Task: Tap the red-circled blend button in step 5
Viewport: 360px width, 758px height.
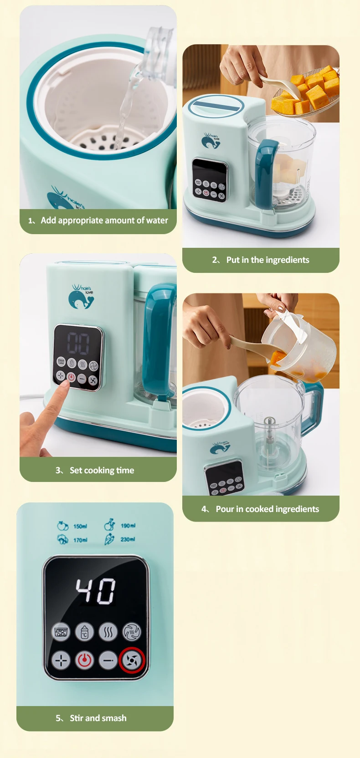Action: [132, 660]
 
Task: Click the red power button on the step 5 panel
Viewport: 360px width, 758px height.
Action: [84, 660]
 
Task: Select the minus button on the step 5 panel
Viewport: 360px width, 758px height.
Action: [108, 660]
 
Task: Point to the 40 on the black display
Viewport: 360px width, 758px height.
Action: [96, 591]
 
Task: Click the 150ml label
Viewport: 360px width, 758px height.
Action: [80, 527]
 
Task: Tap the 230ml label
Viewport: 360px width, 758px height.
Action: [128, 539]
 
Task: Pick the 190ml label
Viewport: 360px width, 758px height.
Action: [128, 526]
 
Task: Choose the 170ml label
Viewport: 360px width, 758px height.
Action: [80, 540]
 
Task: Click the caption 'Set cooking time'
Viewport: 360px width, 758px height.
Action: [102, 471]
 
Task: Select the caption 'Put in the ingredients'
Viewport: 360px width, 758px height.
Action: [267, 260]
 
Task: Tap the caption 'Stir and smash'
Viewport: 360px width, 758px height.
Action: [98, 718]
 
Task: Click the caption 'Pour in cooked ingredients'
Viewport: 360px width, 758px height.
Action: [267, 509]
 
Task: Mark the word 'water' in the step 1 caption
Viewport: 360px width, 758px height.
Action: [157, 220]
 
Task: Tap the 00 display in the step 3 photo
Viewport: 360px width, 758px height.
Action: [78, 343]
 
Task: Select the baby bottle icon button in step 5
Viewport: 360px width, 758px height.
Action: [84, 632]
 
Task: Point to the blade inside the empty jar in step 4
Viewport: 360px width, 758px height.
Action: [269, 430]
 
